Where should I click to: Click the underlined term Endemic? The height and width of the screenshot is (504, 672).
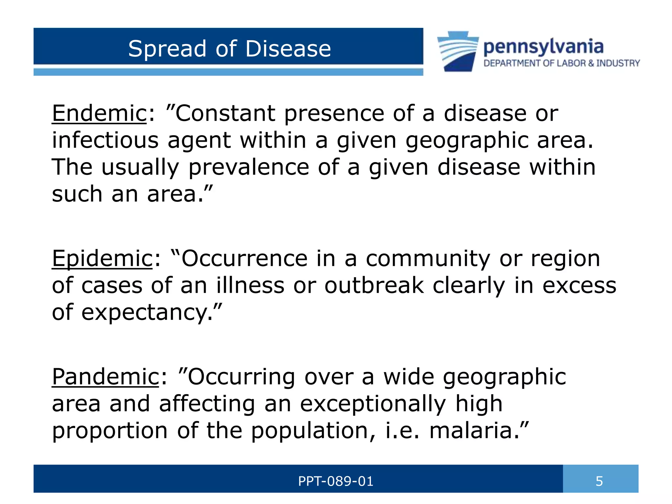click(99, 113)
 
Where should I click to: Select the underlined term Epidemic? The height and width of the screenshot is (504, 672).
click(102, 259)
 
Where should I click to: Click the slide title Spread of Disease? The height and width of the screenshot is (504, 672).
click(229, 49)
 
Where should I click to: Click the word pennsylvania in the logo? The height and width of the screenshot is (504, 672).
click(543, 47)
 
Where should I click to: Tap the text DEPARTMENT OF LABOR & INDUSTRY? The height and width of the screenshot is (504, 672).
click(561, 63)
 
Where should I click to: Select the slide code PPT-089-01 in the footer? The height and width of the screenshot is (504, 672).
click(335, 481)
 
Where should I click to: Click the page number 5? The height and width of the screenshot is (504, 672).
click(599, 481)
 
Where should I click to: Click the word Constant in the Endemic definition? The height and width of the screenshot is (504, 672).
click(225, 113)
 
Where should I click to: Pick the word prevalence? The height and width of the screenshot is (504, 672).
click(248, 167)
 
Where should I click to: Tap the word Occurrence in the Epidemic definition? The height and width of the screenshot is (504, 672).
click(244, 259)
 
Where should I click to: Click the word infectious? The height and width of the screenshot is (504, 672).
click(105, 140)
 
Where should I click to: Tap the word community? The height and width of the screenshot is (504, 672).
click(428, 259)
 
